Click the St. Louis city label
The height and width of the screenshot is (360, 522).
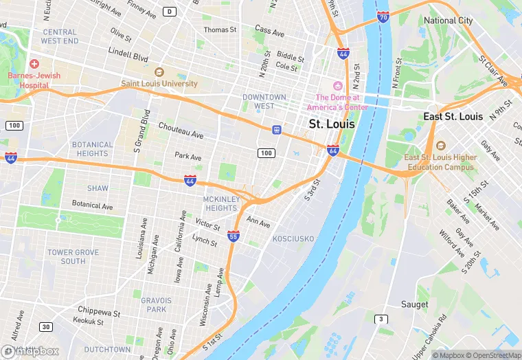(x=332, y=124)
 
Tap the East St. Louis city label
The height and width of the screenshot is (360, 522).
(x=453, y=116)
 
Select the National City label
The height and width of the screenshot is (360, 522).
(x=448, y=21)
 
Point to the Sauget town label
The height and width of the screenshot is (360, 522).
(x=414, y=304)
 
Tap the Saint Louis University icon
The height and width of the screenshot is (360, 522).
(x=159, y=72)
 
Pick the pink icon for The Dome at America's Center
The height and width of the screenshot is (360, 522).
(x=337, y=86)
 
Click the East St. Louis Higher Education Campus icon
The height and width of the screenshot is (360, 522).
(x=440, y=146)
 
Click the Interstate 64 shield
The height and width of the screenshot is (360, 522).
(x=333, y=150)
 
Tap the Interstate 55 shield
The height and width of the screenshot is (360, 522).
(x=234, y=236)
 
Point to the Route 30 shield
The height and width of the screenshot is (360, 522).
(x=45, y=326)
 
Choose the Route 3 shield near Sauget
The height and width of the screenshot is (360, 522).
(x=381, y=319)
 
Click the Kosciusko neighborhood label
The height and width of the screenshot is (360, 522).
(x=293, y=238)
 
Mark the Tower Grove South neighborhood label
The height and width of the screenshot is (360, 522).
(x=73, y=257)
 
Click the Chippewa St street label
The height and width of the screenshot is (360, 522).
(x=98, y=311)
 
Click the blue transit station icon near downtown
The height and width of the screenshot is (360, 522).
(x=276, y=129)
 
